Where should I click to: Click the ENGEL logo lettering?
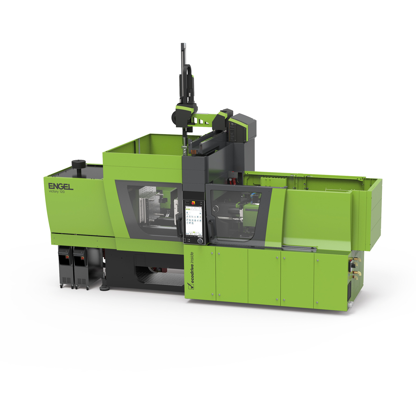[61, 186]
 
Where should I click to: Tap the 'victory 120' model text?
[57, 192]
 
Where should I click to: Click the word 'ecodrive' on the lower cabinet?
[192, 273]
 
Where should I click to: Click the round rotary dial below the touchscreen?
[200, 241]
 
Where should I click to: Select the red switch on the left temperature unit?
[67, 257]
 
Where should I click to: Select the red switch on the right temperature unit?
[83, 258]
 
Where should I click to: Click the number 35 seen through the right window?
[238, 206]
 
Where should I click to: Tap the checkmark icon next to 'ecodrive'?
[191, 286]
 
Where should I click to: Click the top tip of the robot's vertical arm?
[183, 44]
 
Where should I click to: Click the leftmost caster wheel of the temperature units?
[61, 286]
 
